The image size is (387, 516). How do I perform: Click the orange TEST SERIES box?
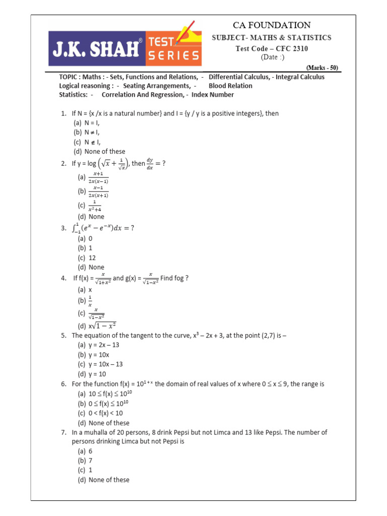click(x=173, y=48)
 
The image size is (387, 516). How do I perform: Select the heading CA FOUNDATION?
click(x=271, y=25)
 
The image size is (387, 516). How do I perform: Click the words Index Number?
click(x=213, y=94)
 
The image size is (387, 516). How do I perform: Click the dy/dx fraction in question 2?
click(x=150, y=164)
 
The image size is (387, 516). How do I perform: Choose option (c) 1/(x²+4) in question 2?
click(x=87, y=207)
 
